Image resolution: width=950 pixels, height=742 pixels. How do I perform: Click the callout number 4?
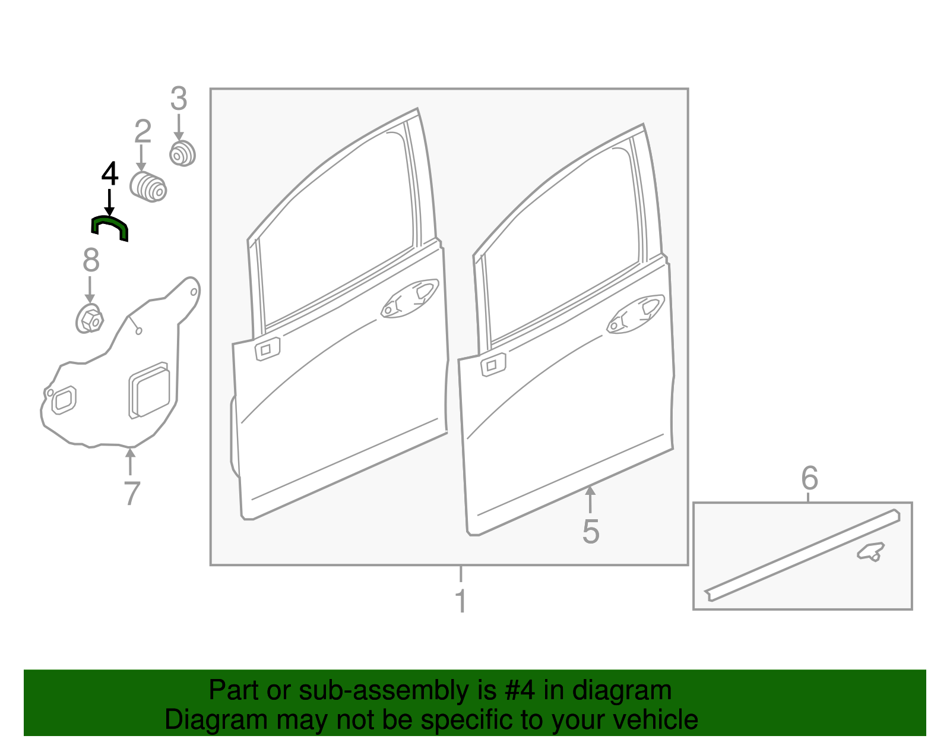[110, 174]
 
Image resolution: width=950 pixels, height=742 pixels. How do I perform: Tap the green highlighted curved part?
[109, 226]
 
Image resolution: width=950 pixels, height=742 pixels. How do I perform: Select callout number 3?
[179, 99]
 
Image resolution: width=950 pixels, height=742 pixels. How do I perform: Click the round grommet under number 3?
[182, 154]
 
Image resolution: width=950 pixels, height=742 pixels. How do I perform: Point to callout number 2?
[142, 132]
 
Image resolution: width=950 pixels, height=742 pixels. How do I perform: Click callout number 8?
[90, 260]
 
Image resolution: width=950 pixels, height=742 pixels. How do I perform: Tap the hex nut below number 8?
[90, 320]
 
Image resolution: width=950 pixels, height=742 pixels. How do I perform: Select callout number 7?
[132, 493]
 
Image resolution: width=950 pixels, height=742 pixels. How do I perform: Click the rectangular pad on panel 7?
[150, 390]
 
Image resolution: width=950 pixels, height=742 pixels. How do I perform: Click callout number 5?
[590, 531]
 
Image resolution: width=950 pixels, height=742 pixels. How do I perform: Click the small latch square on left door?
[267, 349]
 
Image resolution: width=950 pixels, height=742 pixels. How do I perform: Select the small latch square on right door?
[492, 365]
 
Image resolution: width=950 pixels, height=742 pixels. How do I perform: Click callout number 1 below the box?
[461, 601]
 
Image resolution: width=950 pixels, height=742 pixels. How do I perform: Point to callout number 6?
[809, 478]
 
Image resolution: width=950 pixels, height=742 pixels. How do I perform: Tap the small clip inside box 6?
[870, 552]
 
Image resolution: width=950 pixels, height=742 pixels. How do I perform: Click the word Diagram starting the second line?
[199, 720]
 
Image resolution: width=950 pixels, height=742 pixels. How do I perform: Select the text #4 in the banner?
[520, 691]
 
